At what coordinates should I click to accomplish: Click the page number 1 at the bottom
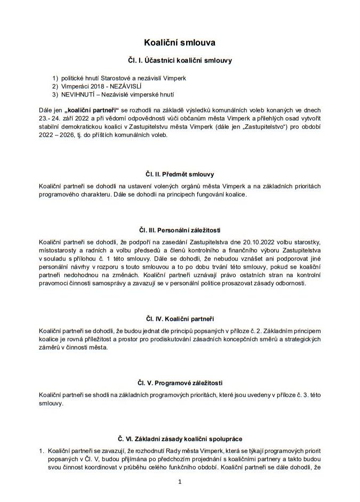coord(180,482)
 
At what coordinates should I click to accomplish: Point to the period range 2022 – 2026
coord(57,135)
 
